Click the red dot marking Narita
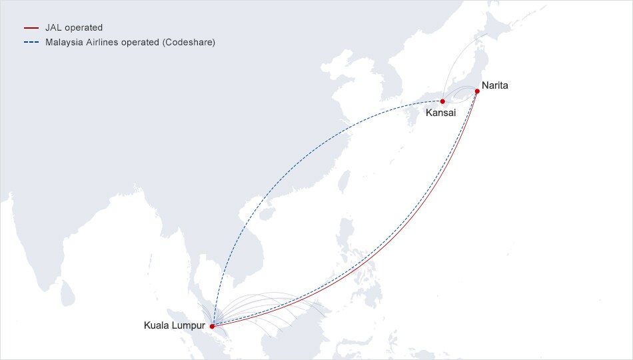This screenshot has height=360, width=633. click(477, 91)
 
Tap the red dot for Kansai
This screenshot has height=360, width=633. click(442, 101)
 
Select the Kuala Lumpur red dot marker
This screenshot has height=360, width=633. click(212, 327)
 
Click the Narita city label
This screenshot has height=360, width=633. click(495, 86)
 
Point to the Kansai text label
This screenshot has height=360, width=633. click(441, 113)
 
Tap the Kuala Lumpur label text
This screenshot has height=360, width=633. click(175, 326)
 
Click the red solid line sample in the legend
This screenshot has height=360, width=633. click(31, 28)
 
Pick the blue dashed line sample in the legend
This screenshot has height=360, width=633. click(31, 42)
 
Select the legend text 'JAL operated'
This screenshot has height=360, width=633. click(74, 28)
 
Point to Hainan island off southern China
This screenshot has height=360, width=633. click(267, 215)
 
